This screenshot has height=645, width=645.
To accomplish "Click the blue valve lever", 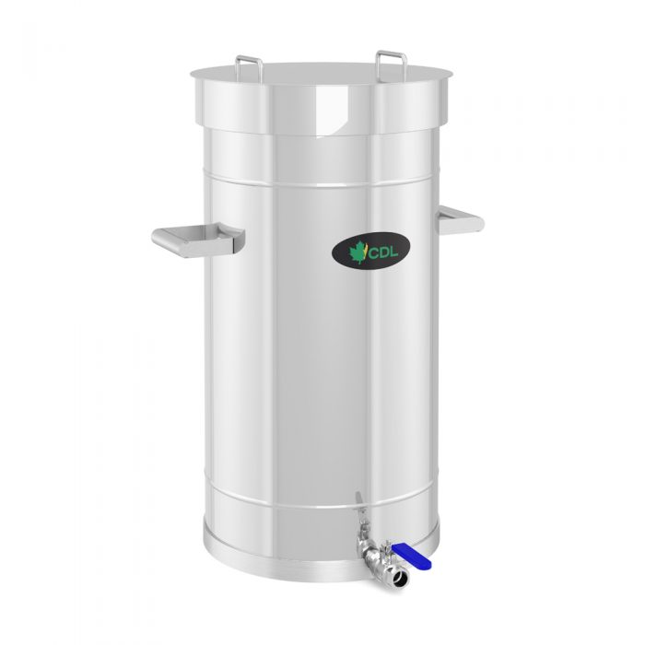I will [406, 552].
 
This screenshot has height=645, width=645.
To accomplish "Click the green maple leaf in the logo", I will [358, 251].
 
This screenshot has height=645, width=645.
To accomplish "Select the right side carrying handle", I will [461, 219].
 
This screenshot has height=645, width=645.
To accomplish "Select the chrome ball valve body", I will [371, 555].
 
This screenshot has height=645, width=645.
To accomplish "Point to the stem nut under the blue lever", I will [388, 551].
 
